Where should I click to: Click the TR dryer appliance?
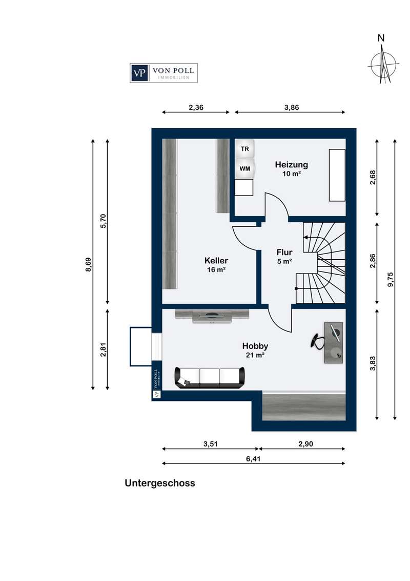tap(244, 149)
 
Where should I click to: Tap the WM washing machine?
tap(244, 168)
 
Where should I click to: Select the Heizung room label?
tap(291, 165)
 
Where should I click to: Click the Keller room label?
tap(216, 261)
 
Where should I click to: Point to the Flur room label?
tap(284, 253)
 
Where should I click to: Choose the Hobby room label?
tap(255, 346)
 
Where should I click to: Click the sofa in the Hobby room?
tap(210, 378)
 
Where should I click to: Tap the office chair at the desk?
tap(317, 341)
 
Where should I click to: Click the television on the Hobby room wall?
tap(212, 316)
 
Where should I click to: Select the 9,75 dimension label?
tap(391, 279)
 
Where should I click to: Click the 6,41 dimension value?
tap(253, 459)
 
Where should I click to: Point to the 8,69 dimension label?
tap(88, 264)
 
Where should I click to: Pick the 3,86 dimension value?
tap(292, 107)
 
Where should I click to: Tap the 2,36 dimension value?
tap(196, 107)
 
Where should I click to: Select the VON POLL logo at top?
tap(163, 73)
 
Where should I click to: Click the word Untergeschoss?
tap(160, 483)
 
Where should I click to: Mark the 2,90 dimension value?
tap(305, 444)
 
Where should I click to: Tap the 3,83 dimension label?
tap(373, 363)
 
